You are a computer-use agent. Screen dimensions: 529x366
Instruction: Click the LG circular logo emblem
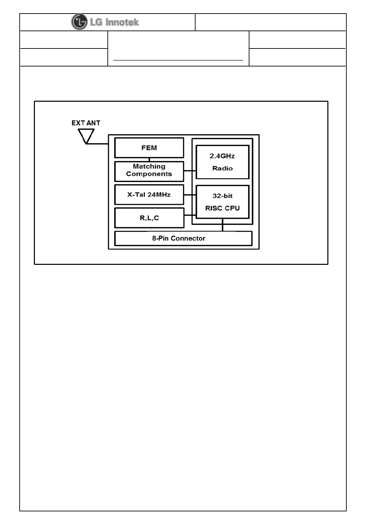[79, 22]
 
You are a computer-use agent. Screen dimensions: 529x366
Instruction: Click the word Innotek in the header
[122, 22]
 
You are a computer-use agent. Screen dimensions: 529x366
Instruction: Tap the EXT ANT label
[86, 123]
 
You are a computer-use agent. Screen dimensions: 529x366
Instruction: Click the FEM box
[149, 148]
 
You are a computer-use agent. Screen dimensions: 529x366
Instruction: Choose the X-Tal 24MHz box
[149, 195]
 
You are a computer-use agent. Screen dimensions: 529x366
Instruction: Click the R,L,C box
[149, 218]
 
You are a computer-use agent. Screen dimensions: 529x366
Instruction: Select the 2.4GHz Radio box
[222, 162]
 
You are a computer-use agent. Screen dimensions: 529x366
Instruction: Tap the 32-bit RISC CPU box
[222, 202]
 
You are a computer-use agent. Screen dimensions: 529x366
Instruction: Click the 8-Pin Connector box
[183, 238]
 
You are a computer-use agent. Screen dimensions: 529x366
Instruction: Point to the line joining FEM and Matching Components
[149, 160]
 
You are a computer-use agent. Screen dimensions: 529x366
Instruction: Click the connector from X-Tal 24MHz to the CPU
[190, 195]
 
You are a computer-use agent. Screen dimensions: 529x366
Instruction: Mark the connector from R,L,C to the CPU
[190, 215]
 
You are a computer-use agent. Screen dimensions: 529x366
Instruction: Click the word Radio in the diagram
[222, 168]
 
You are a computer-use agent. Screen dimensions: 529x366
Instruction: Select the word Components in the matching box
[149, 174]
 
